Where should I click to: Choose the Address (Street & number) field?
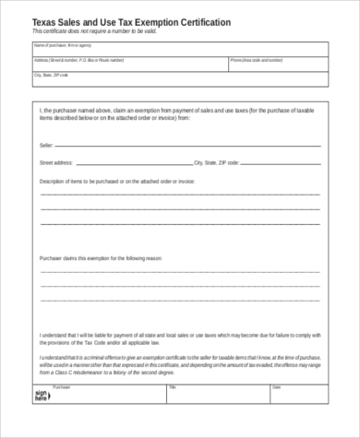(128, 64)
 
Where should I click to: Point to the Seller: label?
(46, 146)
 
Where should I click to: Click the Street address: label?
(54, 161)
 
